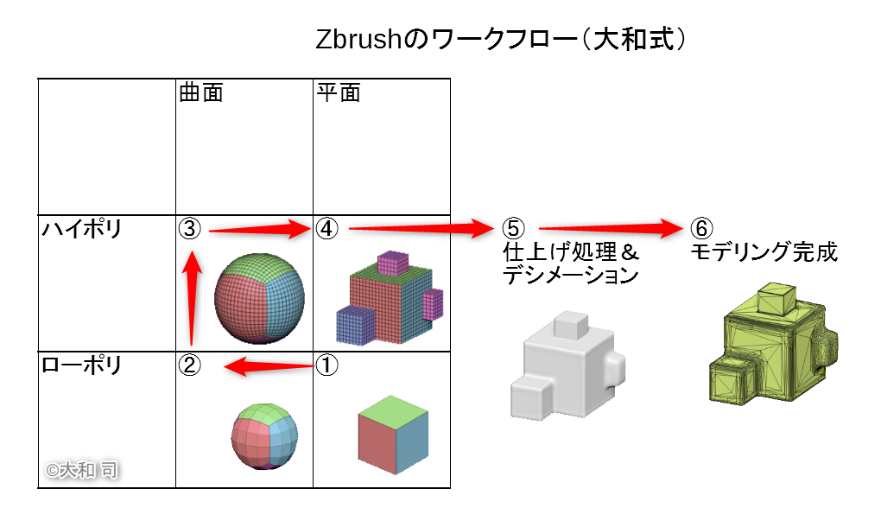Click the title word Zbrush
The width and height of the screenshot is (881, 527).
[x=355, y=41]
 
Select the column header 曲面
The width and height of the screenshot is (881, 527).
[x=200, y=92]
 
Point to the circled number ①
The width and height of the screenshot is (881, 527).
[x=327, y=365]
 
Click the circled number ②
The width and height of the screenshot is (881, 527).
[x=190, y=365]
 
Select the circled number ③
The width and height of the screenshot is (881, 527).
[x=190, y=229]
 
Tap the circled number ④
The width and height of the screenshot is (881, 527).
[x=327, y=229]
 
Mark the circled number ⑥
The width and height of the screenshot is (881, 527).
[x=701, y=229]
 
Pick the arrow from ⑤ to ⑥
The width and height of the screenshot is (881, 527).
[x=610, y=229]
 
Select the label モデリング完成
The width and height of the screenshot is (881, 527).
[x=764, y=253]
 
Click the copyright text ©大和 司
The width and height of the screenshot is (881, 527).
[x=83, y=470]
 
